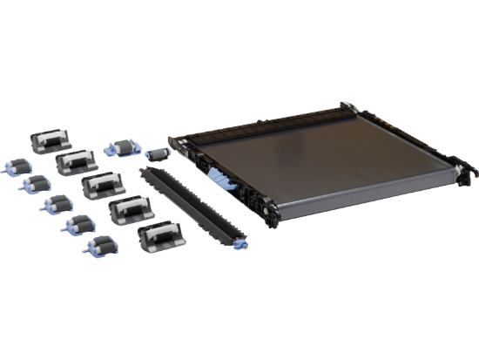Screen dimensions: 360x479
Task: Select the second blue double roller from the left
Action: point(36,185)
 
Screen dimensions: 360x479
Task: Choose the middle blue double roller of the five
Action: point(57,206)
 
